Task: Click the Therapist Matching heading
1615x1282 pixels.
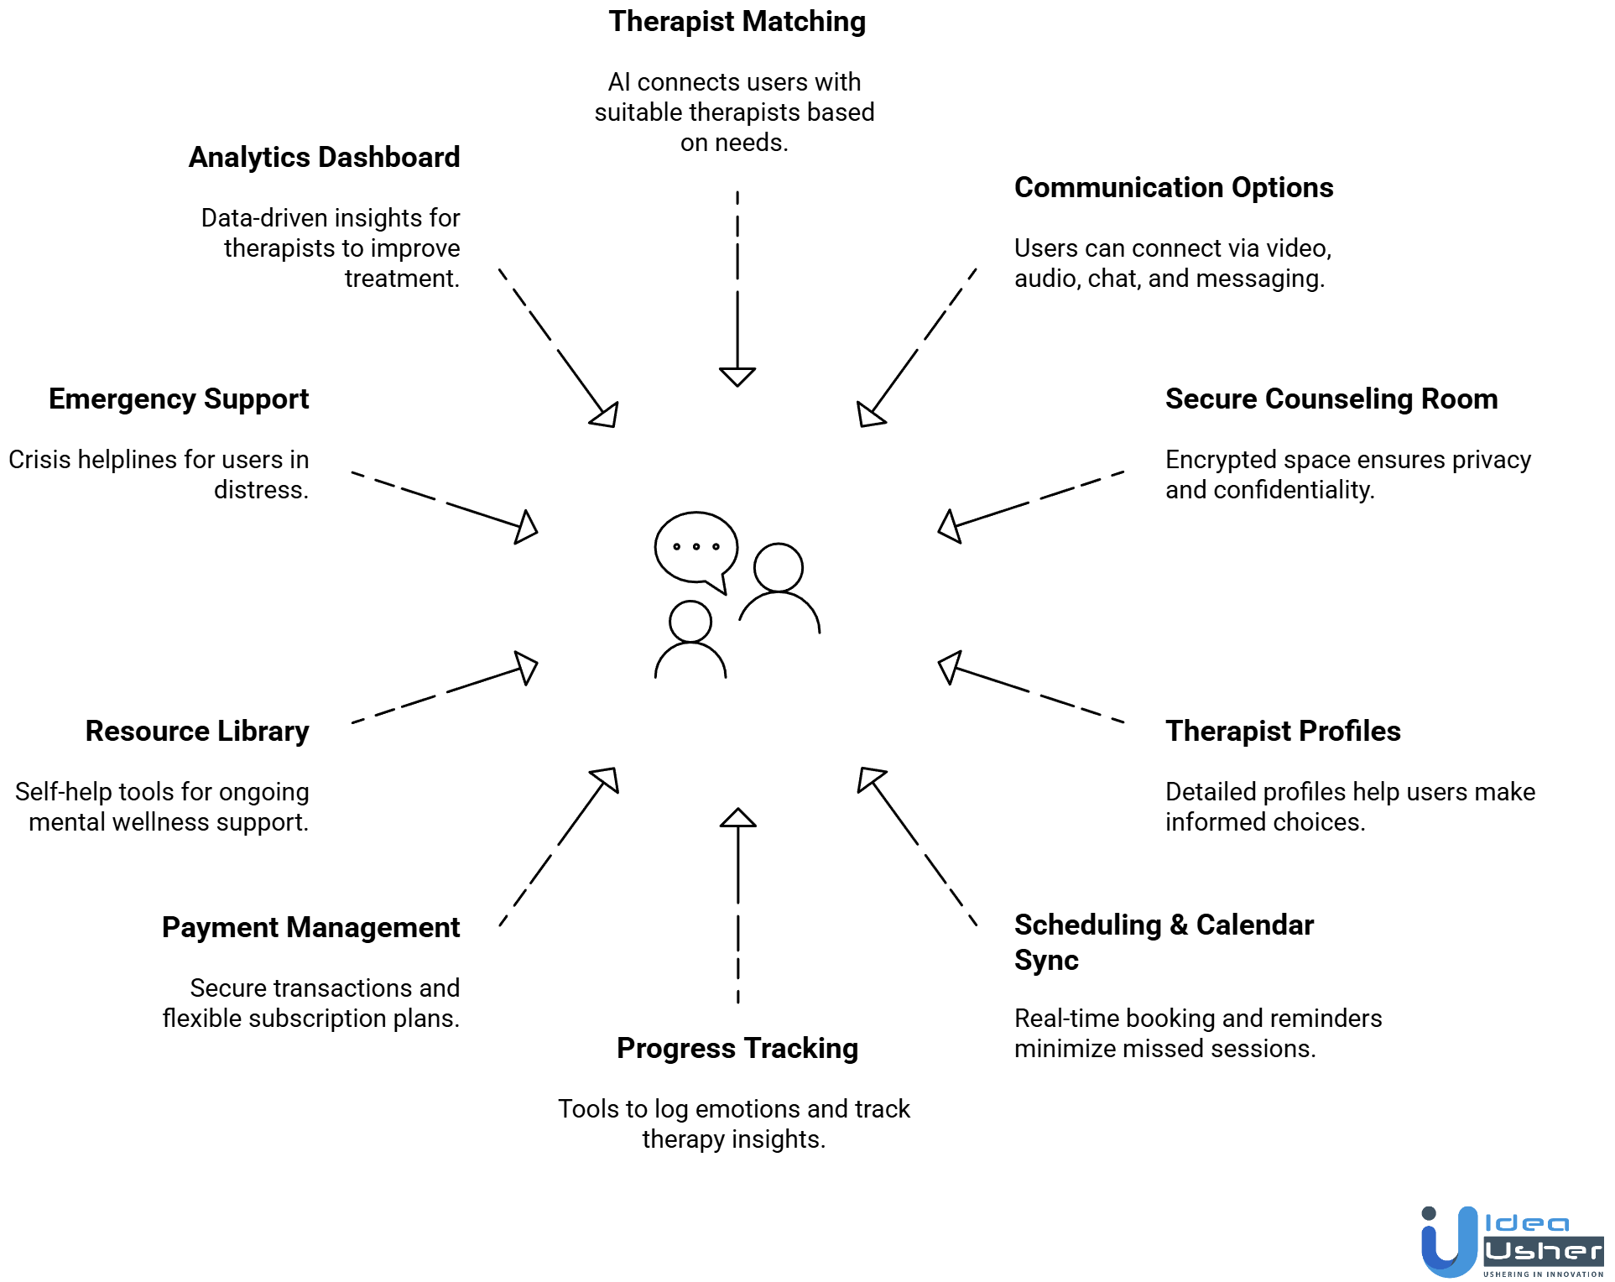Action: click(737, 22)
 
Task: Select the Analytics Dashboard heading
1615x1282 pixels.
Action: click(324, 158)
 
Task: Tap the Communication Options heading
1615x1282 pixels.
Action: click(1173, 188)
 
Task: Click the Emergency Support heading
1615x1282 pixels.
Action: click(179, 399)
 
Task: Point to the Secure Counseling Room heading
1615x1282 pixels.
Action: click(1331, 399)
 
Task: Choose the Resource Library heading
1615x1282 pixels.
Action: click(197, 732)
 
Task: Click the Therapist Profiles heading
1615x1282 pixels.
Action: click(1282, 732)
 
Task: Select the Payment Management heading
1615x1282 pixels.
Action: click(310, 928)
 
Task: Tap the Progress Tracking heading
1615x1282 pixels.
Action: click(737, 1049)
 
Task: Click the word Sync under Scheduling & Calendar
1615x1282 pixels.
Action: click(1045, 960)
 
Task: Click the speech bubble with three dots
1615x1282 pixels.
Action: click(695, 547)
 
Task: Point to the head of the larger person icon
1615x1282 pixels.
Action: click(778, 567)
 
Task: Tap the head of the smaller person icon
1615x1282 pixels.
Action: click(690, 622)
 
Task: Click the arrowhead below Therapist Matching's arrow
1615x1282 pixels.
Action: click(737, 377)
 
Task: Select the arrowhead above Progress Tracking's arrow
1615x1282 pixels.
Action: click(737, 818)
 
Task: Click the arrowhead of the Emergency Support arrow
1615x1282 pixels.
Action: click(526, 527)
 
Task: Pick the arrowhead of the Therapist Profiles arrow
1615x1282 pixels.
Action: click(949, 667)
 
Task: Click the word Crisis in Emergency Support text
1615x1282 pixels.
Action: click(39, 460)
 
